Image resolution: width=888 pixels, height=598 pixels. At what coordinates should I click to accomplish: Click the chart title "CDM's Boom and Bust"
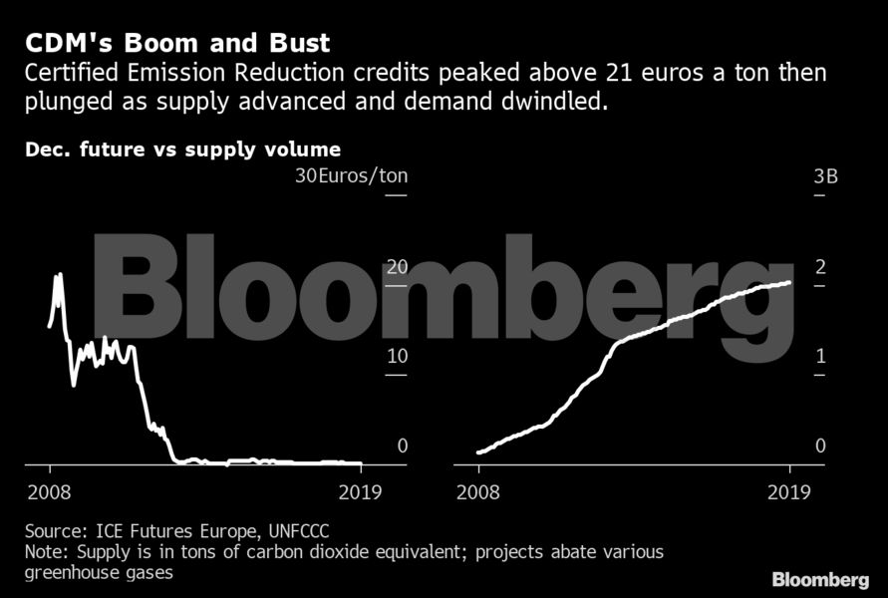click(x=177, y=45)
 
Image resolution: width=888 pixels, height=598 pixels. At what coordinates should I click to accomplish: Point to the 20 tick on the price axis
click(x=398, y=267)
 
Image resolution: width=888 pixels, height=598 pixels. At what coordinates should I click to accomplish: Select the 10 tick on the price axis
click(x=398, y=356)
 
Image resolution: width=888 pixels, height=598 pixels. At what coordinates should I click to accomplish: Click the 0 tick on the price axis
click(x=403, y=446)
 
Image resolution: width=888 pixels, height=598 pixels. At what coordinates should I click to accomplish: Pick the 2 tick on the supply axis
click(x=820, y=267)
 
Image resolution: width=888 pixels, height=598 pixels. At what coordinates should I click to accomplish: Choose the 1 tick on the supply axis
click(x=820, y=356)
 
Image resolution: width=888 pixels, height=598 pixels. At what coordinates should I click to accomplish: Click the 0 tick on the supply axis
click(x=820, y=446)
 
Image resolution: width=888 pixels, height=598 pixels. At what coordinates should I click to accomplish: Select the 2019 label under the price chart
click(x=360, y=491)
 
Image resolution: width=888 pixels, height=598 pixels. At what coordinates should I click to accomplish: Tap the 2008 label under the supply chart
click(x=479, y=491)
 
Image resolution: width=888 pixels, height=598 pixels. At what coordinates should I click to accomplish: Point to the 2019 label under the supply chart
click(x=789, y=491)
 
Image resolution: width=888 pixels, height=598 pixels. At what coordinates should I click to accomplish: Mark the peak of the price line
click(x=59, y=275)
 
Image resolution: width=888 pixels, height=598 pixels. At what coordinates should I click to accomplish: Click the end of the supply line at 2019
click(x=790, y=282)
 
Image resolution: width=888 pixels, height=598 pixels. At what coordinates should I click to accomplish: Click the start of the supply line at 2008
click(x=479, y=452)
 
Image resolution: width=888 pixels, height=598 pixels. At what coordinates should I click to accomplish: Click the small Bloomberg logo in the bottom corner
click(x=819, y=579)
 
